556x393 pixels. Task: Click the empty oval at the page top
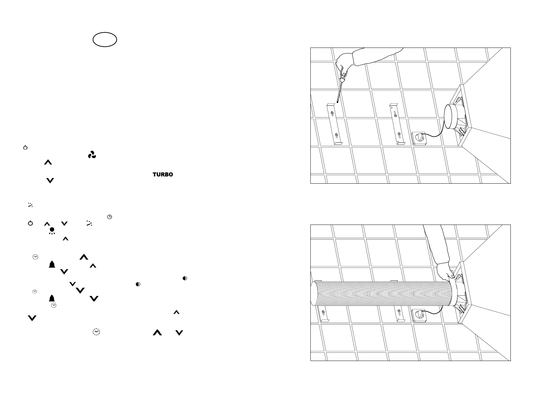pos(105,40)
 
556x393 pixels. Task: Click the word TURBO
pos(163,174)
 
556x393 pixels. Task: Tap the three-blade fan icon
pos(92,155)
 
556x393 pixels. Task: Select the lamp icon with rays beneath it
pos(52,231)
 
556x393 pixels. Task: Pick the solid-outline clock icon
pos(110,217)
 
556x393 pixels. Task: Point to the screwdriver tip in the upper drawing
pos(337,102)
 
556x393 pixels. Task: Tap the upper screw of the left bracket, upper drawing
pos(332,114)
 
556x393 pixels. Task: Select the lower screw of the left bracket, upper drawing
pos(336,135)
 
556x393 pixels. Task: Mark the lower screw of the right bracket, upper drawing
pos(399,134)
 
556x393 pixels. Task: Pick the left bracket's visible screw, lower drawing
pos(323,312)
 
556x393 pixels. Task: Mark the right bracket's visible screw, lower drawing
pos(399,312)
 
